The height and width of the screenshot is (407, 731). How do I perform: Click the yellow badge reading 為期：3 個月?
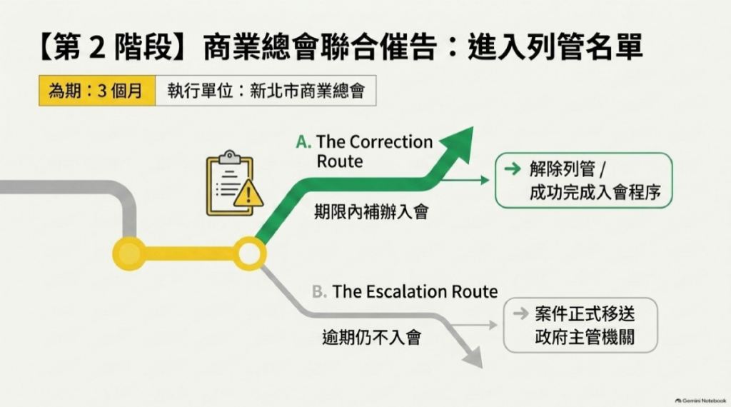[97, 91]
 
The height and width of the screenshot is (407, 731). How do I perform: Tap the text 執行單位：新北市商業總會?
[266, 91]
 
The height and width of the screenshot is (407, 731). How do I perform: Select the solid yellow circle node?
[129, 253]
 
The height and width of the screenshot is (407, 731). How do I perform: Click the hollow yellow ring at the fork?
[249, 253]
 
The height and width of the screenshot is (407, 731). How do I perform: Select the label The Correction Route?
[374, 151]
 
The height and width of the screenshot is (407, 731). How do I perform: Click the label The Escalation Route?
[415, 291]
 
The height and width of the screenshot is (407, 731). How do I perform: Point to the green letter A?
[303, 141]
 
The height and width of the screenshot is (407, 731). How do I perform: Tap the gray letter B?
[319, 292]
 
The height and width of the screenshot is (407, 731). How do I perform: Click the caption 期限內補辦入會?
[371, 211]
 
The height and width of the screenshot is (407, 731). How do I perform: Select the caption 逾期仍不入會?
[371, 336]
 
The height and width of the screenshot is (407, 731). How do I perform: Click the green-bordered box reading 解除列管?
[583, 180]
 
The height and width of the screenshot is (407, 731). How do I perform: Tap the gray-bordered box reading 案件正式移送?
[580, 325]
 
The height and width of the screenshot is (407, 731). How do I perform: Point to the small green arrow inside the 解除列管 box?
[513, 169]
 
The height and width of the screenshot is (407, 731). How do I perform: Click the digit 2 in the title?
[97, 47]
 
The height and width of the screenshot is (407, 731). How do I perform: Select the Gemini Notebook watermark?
[701, 401]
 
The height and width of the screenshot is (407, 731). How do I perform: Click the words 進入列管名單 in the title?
[555, 46]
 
